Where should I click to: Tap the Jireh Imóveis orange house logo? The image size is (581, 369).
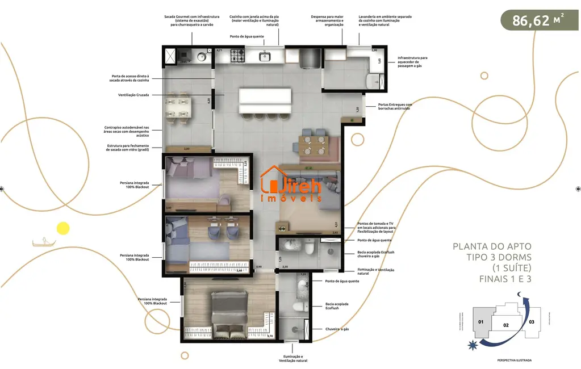291,183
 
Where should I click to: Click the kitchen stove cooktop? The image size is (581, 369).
237,56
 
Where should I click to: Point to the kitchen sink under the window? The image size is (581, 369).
265,56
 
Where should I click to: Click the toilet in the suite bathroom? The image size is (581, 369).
295,307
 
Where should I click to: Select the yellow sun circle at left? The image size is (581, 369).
62,228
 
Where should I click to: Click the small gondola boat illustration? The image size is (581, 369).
40,242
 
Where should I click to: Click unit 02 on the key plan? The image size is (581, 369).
506,325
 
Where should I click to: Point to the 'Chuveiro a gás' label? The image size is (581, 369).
337,329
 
